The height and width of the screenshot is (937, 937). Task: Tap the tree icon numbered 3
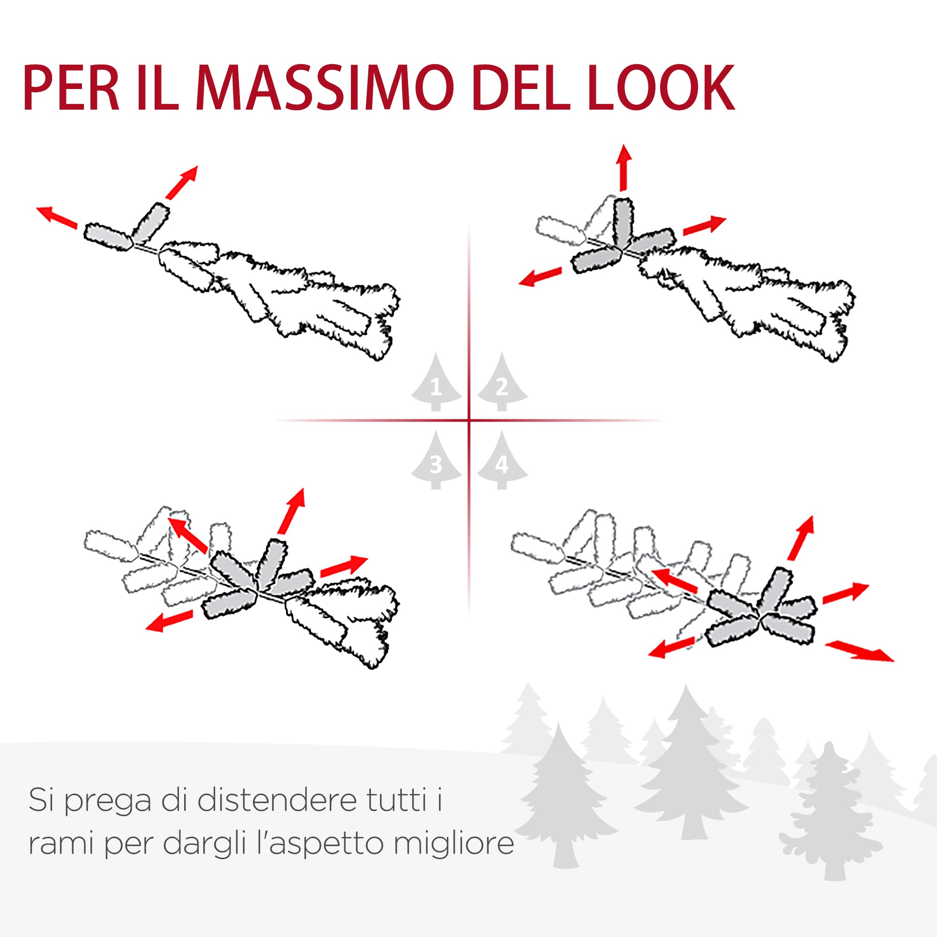point(436,462)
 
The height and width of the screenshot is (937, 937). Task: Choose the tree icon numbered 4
point(502,462)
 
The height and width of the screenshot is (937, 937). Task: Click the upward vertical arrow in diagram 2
point(624,167)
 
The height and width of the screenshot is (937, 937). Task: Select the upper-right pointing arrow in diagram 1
point(182,182)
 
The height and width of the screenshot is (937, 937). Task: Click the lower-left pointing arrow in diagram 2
point(540,276)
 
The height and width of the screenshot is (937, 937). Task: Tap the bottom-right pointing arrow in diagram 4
point(859,651)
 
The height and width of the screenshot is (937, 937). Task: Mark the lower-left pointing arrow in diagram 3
point(169,621)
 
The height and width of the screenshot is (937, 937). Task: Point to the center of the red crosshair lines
point(469,420)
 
